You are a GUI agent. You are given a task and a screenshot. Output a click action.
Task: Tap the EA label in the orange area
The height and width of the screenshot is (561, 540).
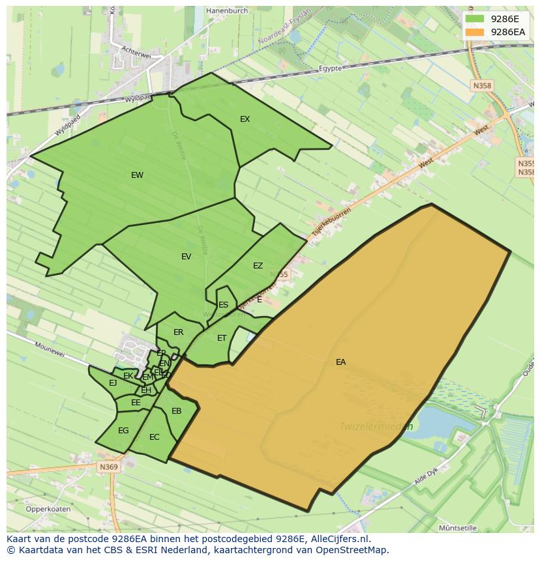(x=340, y=362)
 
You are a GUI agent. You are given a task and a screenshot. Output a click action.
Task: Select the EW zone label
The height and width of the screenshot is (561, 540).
(x=137, y=175)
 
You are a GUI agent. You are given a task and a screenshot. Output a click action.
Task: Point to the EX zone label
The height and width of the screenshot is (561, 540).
(x=245, y=119)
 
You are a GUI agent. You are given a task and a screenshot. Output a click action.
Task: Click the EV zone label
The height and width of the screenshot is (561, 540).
(x=187, y=257)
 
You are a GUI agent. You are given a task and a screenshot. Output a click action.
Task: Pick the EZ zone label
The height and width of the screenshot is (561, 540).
(x=258, y=266)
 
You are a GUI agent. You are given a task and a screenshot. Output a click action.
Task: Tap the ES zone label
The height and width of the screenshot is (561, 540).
(x=224, y=305)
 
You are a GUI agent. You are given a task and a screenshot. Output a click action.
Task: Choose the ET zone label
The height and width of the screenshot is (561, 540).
(x=222, y=338)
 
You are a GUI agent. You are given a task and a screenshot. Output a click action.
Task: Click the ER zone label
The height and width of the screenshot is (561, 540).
(x=179, y=332)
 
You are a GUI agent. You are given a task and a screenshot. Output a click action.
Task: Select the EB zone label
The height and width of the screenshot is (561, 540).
(x=177, y=411)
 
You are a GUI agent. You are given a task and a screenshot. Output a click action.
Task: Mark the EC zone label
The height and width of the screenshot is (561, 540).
(x=155, y=437)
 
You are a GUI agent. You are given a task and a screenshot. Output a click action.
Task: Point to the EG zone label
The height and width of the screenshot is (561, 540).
(x=123, y=431)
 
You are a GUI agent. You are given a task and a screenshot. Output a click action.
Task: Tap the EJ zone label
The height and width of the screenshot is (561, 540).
(x=113, y=383)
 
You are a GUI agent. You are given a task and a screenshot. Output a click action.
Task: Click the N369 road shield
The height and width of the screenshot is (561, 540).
(x=109, y=467)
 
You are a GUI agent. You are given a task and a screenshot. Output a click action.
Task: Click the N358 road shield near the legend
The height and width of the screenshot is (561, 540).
(x=483, y=85)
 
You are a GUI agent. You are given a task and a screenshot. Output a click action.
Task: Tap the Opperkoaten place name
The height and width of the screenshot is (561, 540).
(x=48, y=510)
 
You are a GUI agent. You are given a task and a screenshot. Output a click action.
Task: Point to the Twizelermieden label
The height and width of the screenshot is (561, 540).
(x=376, y=427)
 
